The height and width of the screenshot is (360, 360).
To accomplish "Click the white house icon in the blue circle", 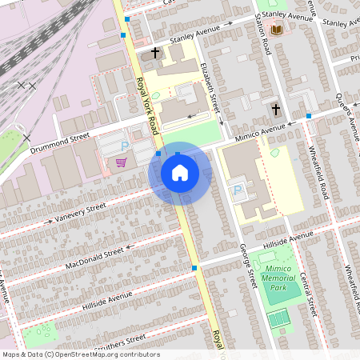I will [x=180, y=173].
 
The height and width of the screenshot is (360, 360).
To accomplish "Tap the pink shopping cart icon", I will [x=121, y=162].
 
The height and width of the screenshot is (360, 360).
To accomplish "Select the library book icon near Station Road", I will [x=278, y=30].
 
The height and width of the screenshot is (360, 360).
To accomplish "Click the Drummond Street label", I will [x=59, y=143].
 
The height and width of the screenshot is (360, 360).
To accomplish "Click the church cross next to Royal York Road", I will [x=154, y=54].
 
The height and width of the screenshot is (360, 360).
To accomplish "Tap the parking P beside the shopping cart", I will [x=124, y=146].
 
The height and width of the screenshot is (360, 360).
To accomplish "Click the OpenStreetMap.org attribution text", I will [x=104, y=354].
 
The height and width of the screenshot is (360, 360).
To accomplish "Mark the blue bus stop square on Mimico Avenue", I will [x=309, y=116].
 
